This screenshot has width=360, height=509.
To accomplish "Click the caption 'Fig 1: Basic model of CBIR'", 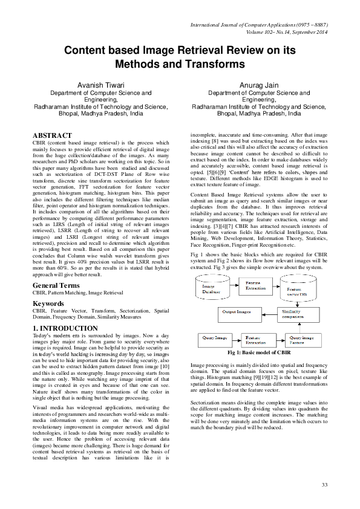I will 260,352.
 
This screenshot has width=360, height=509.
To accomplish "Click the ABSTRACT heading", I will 52,135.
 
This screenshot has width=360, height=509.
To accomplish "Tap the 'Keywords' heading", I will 48,303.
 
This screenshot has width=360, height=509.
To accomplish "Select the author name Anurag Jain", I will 259,85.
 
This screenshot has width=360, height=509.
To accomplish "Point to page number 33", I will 324,485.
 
